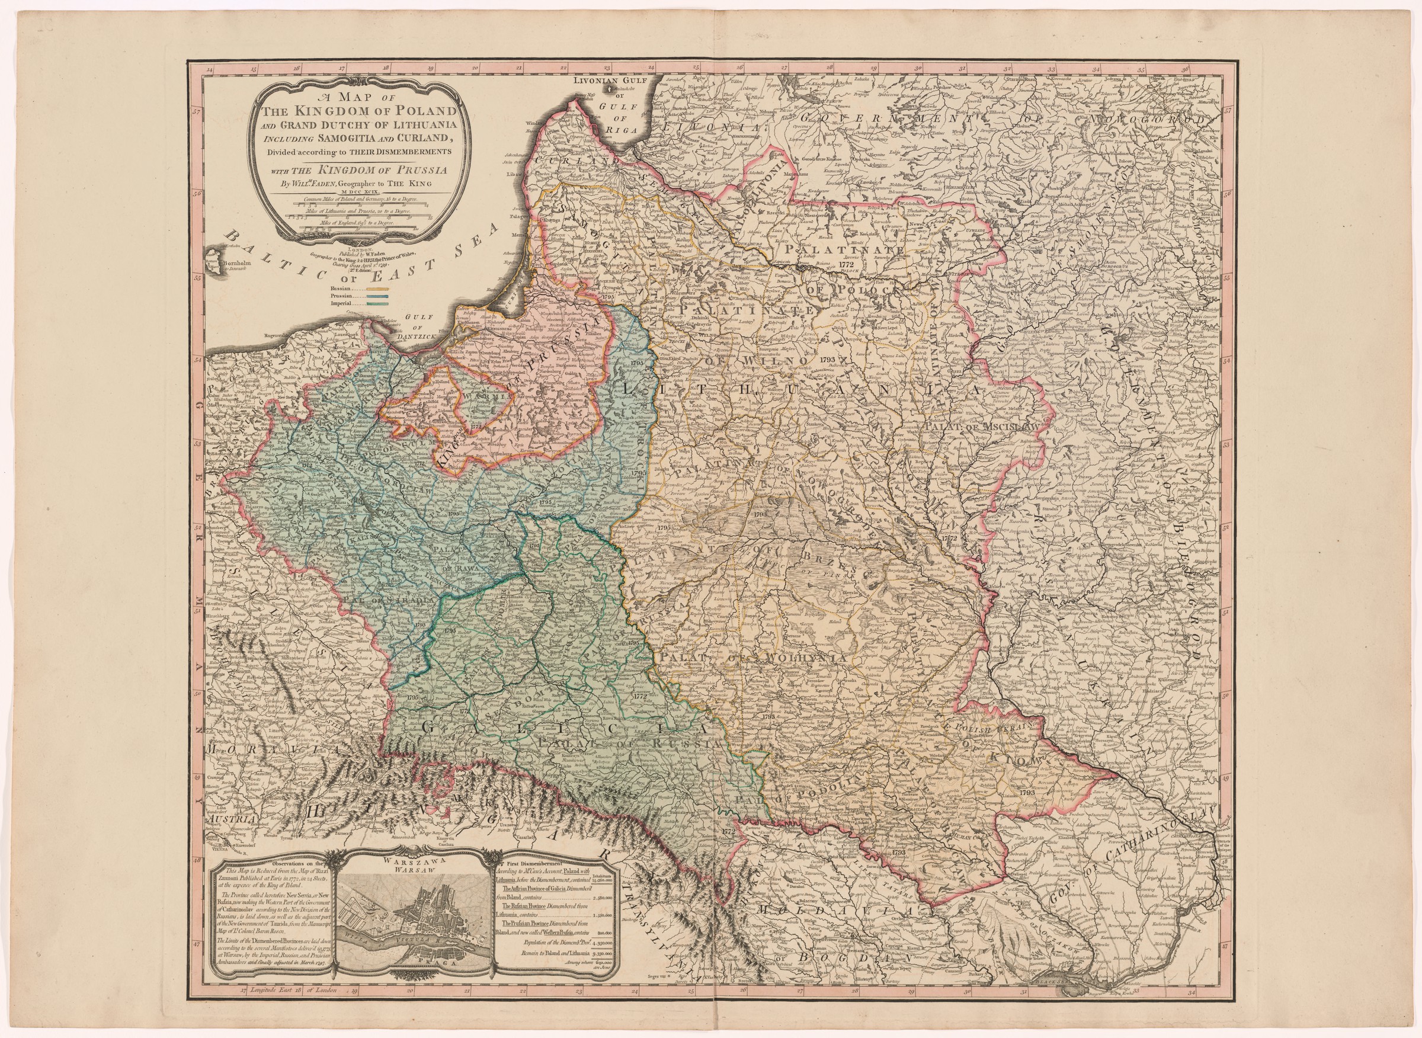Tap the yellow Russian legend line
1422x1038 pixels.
[376, 290]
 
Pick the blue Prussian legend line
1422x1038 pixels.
[376, 297]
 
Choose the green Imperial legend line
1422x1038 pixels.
[376, 303]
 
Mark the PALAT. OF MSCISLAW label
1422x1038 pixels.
[982, 427]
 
